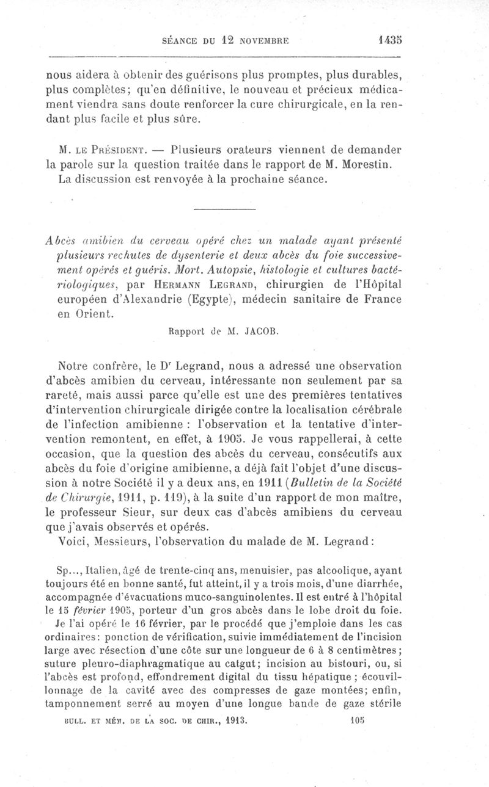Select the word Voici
click(x=72, y=542)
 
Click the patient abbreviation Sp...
click(x=63, y=571)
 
